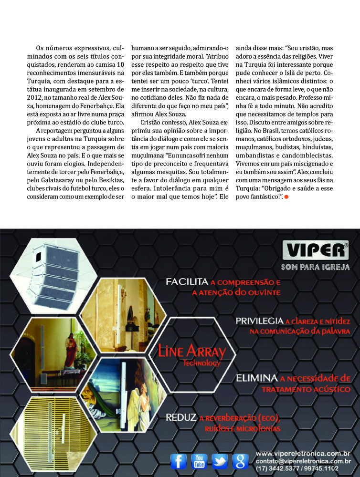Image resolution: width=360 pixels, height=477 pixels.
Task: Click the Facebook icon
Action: [179, 461]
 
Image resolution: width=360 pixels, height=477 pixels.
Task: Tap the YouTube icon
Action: [199, 461]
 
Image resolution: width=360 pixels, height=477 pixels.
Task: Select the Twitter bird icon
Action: [220, 461]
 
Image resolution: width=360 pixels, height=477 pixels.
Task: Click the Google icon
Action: [240, 461]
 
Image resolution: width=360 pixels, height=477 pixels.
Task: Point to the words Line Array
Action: [188, 352]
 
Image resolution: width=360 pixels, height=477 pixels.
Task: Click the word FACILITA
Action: [187, 282]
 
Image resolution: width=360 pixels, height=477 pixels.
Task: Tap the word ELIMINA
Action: [256, 378]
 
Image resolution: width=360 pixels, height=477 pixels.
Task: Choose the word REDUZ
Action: [181, 418]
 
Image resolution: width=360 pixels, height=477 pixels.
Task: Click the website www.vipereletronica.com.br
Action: [303, 453]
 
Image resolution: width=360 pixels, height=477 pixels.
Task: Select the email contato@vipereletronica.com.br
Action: [303, 461]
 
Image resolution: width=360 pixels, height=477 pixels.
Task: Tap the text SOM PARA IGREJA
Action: [315, 267]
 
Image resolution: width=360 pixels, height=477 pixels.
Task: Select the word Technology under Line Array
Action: [201, 363]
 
